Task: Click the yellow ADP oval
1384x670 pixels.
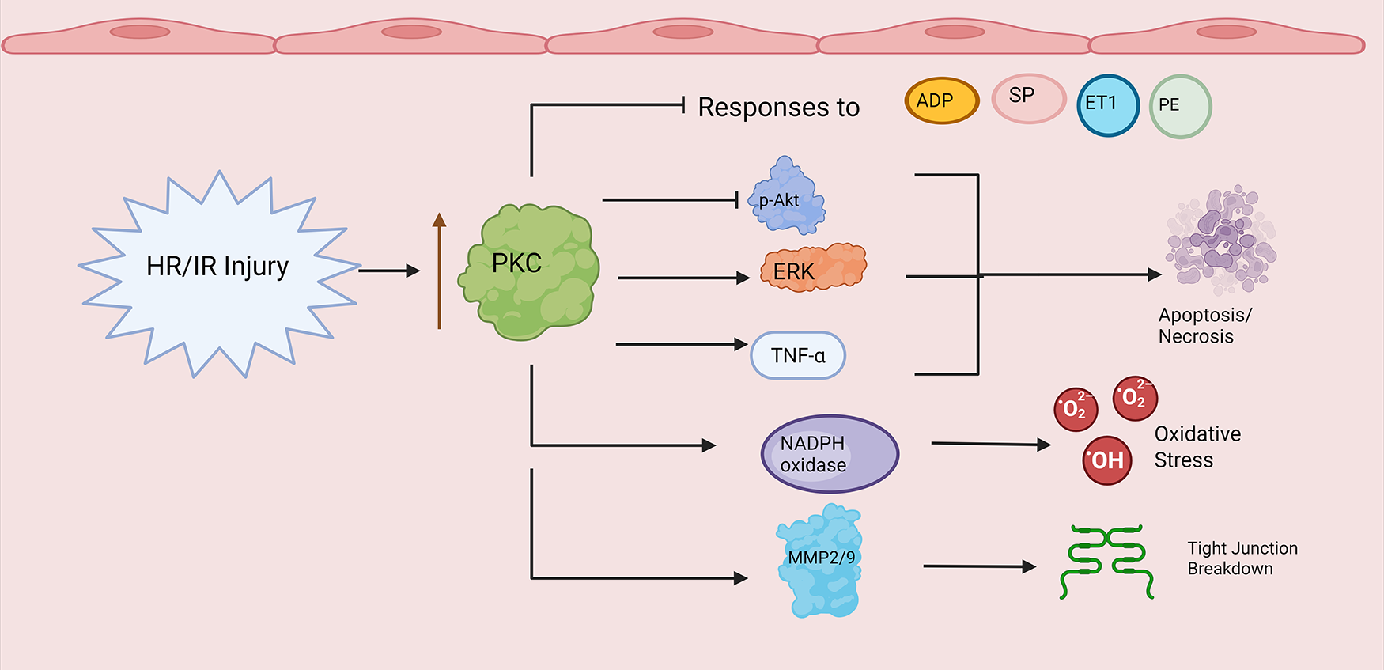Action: click(941, 101)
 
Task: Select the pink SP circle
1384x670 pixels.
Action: click(1028, 99)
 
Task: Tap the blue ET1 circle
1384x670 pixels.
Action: click(1107, 105)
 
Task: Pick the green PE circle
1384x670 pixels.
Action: click(1180, 107)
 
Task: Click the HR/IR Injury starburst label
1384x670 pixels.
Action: click(217, 267)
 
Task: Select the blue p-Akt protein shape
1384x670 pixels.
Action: click(785, 199)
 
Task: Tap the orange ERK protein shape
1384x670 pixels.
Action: click(813, 269)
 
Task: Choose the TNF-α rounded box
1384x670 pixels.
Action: click(797, 356)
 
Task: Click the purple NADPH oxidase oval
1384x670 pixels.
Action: click(830, 454)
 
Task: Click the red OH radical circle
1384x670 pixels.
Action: click(1106, 460)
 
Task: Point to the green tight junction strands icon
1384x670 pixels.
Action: click(1106, 561)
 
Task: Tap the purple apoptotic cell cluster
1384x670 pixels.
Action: click(1220, 240)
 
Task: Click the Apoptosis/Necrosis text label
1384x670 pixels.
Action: click(1204, 326)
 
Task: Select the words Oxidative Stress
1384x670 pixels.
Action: click(1197, 447)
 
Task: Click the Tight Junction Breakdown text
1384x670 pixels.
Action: click(1242, 558)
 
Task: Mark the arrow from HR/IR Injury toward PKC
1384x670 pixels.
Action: click(388, 271)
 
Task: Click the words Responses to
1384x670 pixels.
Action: click(778, 108)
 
